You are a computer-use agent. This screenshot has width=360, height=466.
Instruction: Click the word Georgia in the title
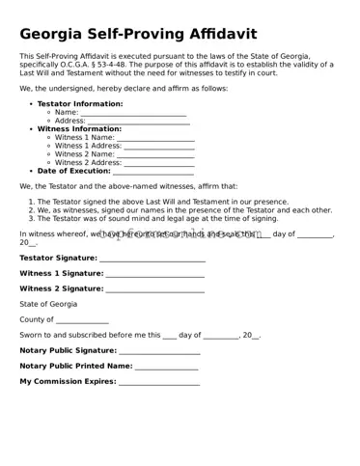57,34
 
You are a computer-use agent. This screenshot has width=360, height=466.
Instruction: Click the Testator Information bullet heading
80,103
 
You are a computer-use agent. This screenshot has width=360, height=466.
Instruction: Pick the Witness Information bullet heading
79,129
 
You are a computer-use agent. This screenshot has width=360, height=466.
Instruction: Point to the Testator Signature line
152,259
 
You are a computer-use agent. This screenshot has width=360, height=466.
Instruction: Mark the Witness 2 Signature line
155,288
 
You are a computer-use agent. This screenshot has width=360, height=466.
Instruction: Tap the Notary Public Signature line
160,351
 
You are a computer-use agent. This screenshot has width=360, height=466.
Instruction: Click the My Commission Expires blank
159,382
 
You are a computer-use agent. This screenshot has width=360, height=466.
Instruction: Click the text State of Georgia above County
48,304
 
